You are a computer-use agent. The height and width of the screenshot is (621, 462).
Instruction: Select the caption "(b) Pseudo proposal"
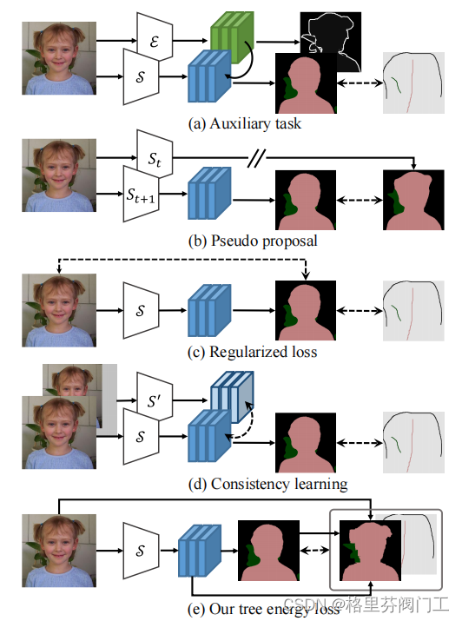coord(245,241)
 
